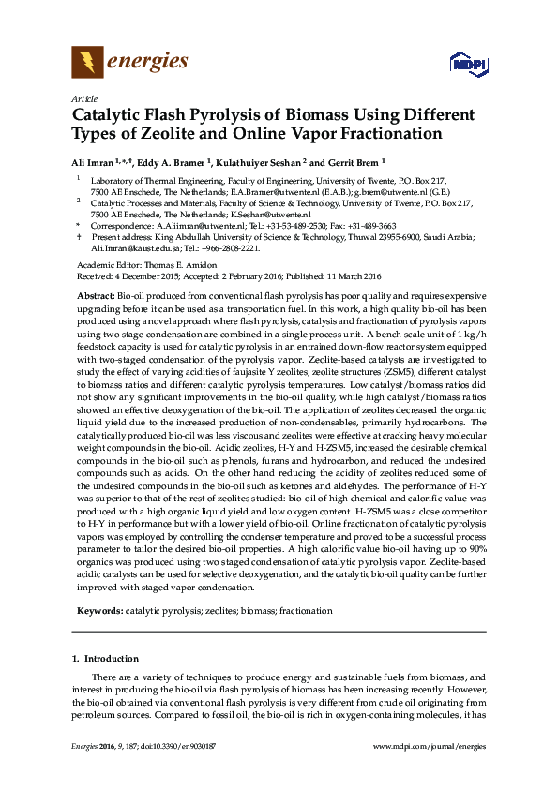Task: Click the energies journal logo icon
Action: click(x=87, y=63)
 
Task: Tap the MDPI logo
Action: click(x=466, y=65)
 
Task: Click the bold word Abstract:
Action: click(x=97, y=294)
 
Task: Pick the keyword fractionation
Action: click(x=305, y=610)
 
